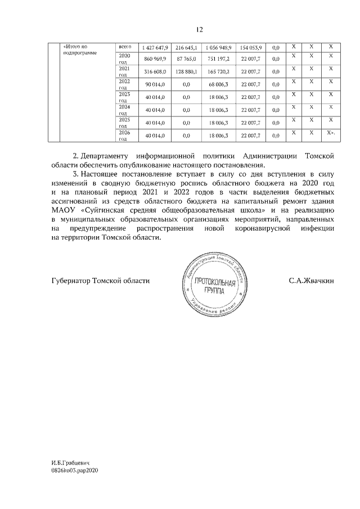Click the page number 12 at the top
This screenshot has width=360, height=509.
pos(200,29)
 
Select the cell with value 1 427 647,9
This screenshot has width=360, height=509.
pos(154,46)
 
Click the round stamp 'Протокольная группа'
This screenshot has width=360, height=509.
pos(213,288)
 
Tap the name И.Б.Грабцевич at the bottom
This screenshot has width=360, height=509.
pos(70,461)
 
